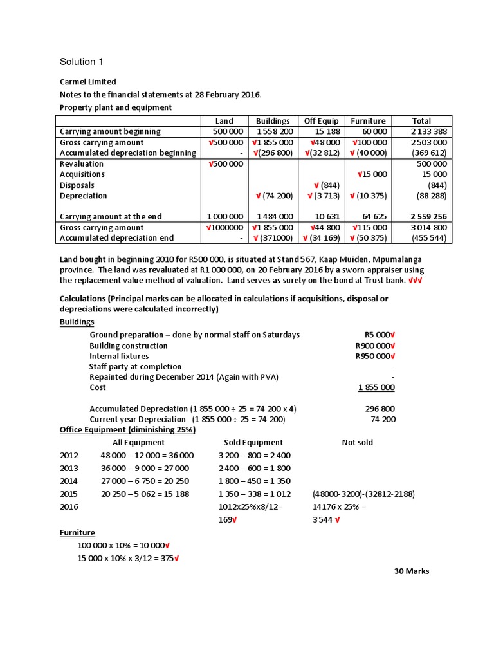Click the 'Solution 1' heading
pyautogui.click(x=81, y=62)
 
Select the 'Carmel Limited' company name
pyautogui.click(x=88, y=82)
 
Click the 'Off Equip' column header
pyautogui.click(x=320, y=120)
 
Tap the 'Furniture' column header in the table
pyautogui.click(x=368, y=120)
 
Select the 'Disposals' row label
pyautogui.click(x=78, y=185)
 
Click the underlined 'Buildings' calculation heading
pyautogui.click(x=77, y=322)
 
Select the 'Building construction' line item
pyautogui.click(x=128, y=346)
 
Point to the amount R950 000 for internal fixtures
pyautogui.click(x=373, y=356)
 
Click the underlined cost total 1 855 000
pyautogui.click(x=376, y=387)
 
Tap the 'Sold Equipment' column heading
pyautogui.click(x=253, y=442)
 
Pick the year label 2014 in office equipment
pyautogui.click(x=69, y=481)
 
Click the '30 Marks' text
pyautogui.click(x=412, y=571)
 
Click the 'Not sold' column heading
pyautogui.click(x=357, y=442)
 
